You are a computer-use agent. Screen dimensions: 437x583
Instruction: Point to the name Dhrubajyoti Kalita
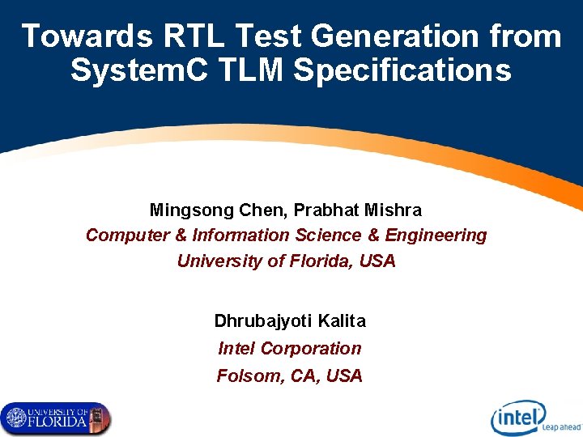coord(290,321)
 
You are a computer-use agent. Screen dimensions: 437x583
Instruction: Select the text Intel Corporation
coord(290,349)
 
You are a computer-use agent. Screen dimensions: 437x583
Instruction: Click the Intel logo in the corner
coord(519,418)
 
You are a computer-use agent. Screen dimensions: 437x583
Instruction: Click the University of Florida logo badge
coord(56,418)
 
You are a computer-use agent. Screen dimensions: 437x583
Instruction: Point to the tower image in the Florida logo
coord(100,418)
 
